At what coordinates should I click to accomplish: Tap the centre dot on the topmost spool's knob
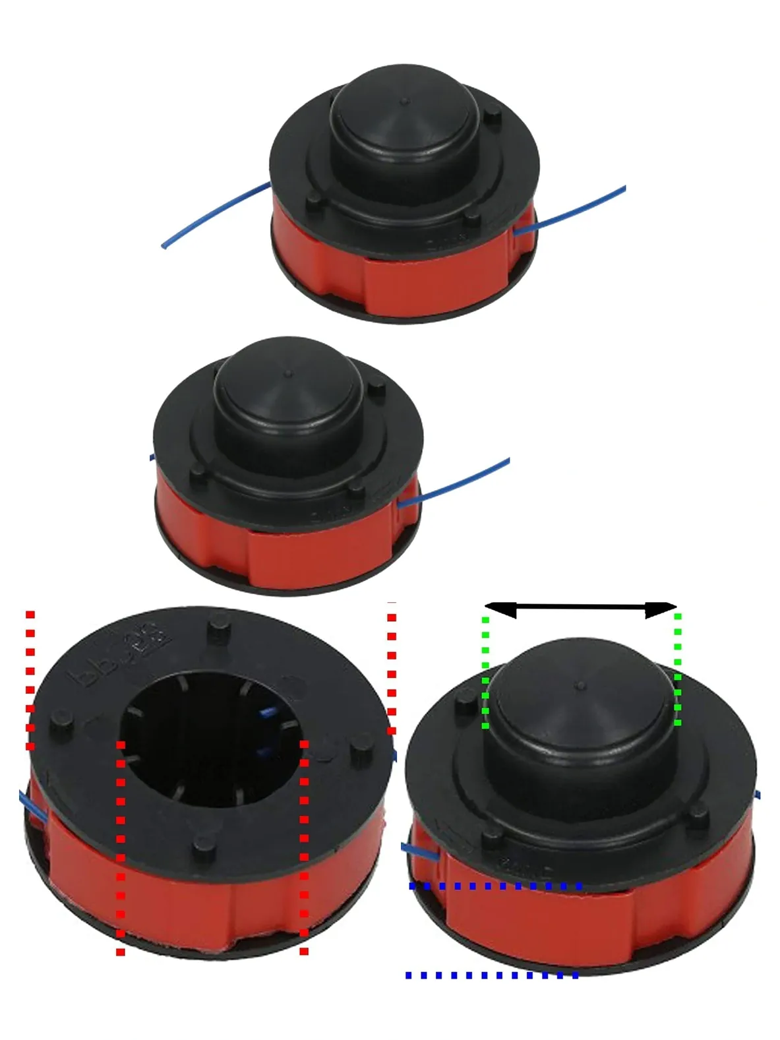tap(404, 102)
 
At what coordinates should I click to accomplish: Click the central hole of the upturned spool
tap(211, 739)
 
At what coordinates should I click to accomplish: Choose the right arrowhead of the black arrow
tap(661, 610)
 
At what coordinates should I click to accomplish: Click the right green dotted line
tap(678, 669)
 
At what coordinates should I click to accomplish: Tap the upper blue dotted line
tap(495, 886)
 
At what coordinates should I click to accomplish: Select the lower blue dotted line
tap(492, 975)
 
